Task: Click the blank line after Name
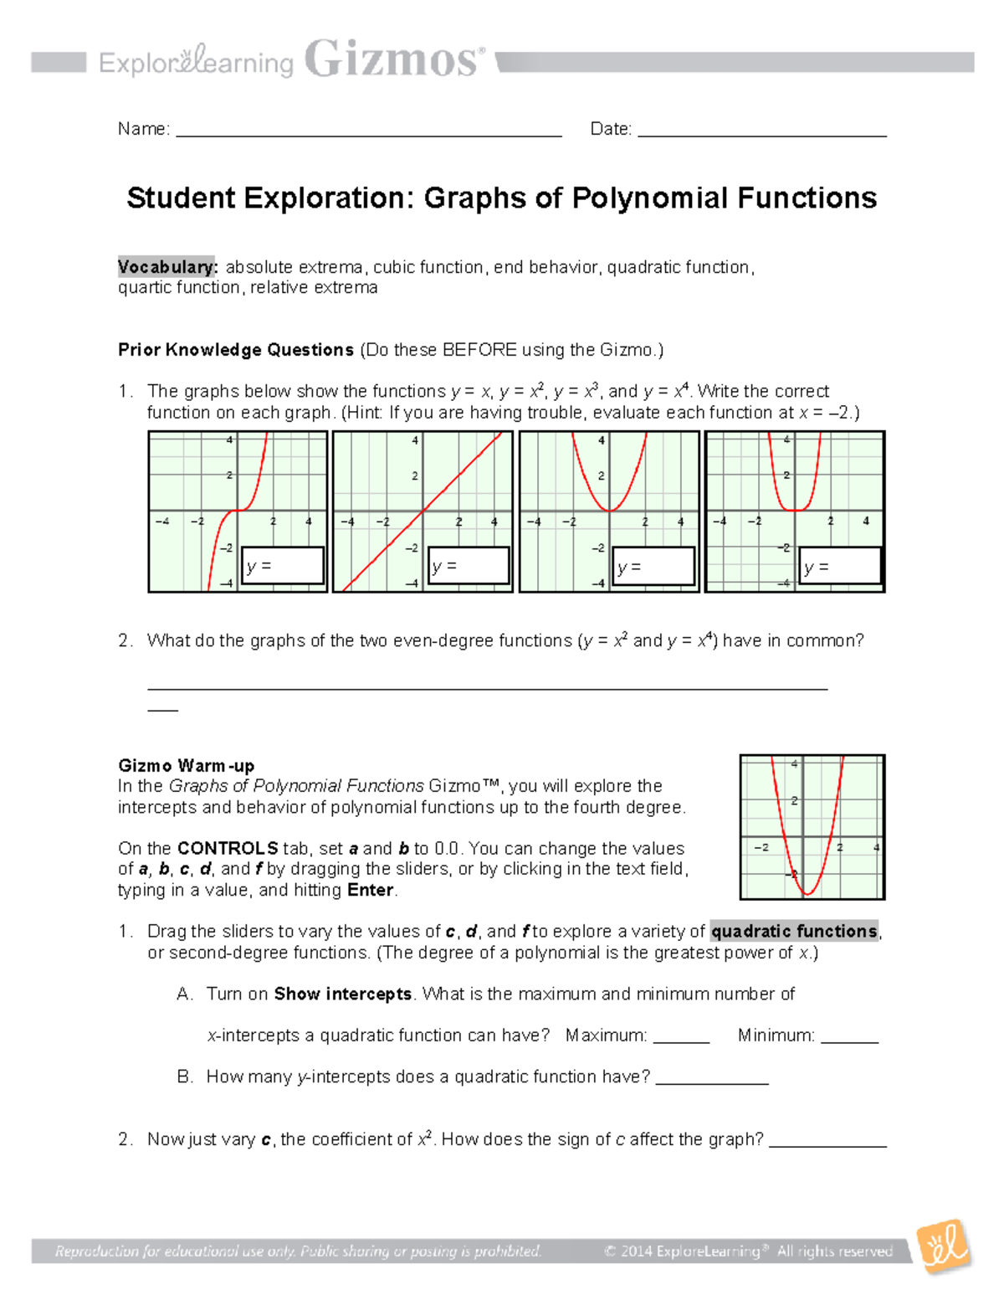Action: click(368, 131)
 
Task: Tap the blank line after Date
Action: click(761, 131)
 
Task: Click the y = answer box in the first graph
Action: click(283, 566)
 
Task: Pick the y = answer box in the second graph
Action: click(469, 566)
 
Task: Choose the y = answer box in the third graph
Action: click(654, 566)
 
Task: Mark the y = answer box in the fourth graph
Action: click(840, 566)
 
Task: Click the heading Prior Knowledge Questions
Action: click(236, 350)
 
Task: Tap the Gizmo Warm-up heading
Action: click(186, 765)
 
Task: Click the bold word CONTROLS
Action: click(228, 848)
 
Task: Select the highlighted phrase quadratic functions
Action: click(794, 931)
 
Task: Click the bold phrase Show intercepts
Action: click(343, 994)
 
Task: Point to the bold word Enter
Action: click(370, 890)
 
